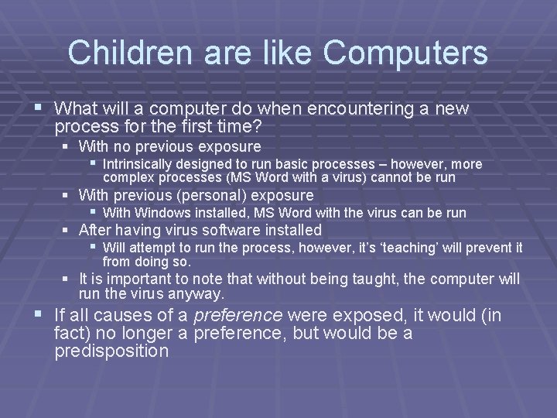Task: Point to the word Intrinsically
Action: pos(138,164)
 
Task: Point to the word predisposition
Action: pos(111,351)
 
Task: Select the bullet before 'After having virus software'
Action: pos(67,230)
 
